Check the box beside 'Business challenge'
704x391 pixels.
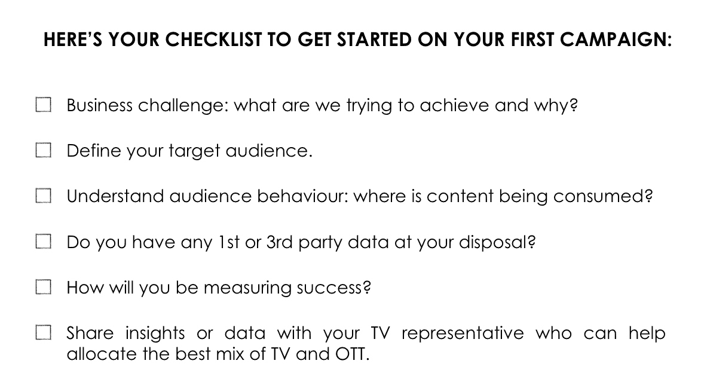click(44, 105)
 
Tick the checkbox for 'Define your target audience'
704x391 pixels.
click(44, 150)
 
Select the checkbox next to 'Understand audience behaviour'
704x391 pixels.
click(44, 195)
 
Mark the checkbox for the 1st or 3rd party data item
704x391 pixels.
click(44, 242)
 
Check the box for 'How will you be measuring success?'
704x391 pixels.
click(44, 287)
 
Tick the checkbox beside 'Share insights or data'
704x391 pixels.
click(44, 332)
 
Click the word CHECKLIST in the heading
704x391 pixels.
click(213, 39)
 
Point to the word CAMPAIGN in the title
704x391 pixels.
click(616, 39)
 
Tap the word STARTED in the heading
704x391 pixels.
click(374, 39)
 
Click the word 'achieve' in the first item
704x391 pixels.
click(454, 105)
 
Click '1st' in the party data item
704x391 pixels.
click(228, 242)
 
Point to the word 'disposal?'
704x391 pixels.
click(497, 243)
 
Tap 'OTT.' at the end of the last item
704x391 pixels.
click(353, 354)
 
